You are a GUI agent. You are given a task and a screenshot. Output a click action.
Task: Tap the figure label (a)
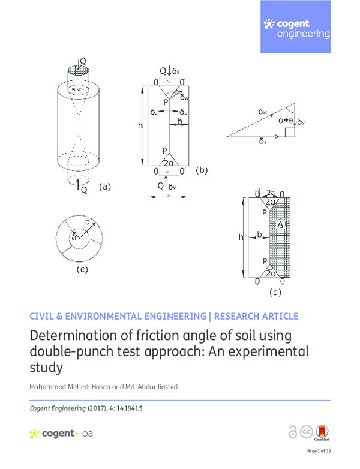point(105,187)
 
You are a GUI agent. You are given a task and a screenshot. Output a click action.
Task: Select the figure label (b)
point(201,170)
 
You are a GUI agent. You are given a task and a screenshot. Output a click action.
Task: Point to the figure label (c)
point(82,269)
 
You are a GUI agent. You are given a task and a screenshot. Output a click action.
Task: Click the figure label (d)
point(275,293)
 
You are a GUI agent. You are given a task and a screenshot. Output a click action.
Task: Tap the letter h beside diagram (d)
point(241,237)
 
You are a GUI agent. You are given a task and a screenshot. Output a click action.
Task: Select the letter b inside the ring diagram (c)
point(88,223)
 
